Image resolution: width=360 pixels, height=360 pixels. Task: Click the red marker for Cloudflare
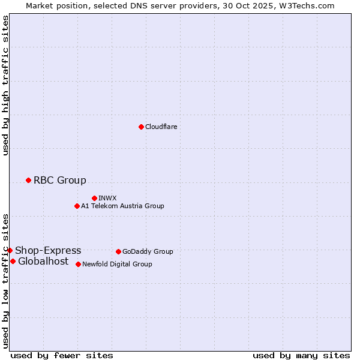tap(141, 127)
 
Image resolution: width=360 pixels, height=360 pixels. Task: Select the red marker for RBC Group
tap(28, 180)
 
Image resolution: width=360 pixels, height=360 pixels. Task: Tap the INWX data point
tap(94, 198)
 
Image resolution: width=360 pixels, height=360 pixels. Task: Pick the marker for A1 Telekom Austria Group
tap(77, 206)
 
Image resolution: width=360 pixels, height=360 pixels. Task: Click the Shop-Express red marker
tap(10, 250)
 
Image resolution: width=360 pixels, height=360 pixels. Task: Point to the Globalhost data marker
tap(13, 261)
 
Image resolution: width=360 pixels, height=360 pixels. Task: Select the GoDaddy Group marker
tap(118, 251)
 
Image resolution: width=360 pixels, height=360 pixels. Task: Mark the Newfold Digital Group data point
tap(79, 264)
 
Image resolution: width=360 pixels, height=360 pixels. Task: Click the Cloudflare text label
tap(161, 127)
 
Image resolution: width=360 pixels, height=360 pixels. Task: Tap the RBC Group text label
tap(60, 180)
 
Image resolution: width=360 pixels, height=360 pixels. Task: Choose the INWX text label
tap(107, 198)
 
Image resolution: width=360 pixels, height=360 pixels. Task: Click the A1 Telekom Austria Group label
tap(122, 206)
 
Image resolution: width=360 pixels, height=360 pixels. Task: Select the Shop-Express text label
tap(48, 250)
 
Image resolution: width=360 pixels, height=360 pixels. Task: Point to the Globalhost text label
tap(43, 261)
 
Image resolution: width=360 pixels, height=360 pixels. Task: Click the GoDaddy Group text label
tap(148, 251)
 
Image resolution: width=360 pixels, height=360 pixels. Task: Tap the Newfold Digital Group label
tap(117, 264)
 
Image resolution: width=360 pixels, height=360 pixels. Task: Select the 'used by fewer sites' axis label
tap(62, 355)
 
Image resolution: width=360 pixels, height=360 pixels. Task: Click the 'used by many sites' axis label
tap(301, 355)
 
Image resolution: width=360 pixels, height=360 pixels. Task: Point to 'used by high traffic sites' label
tap(5, 85)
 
